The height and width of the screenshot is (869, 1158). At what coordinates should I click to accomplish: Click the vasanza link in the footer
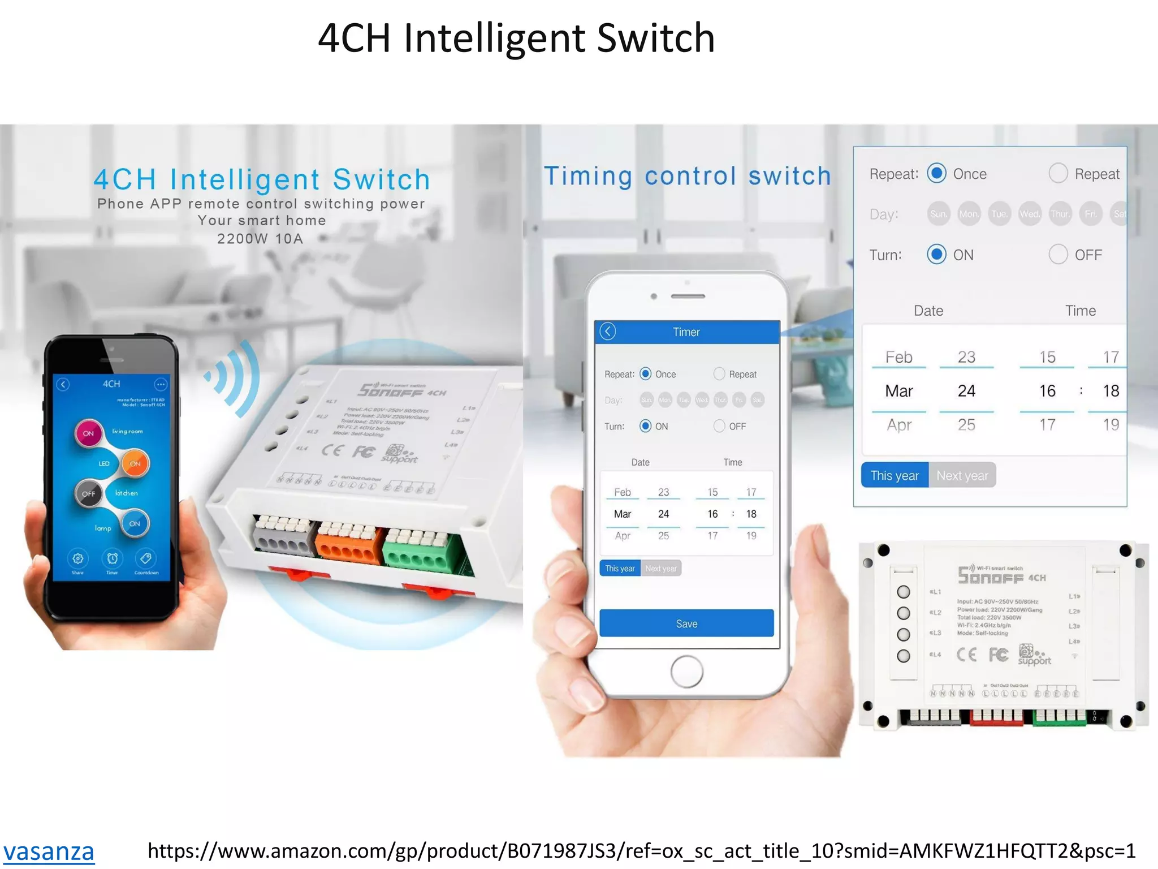tap(49, 851)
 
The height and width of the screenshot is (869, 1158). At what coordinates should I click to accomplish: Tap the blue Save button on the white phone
tap(686, 623)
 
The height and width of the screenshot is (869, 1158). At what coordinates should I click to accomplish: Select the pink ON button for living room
tap(89, 433)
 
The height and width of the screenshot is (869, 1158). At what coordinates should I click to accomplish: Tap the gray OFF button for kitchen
tap(89, 493)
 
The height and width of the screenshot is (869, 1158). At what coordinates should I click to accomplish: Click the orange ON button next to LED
tap(135, 463)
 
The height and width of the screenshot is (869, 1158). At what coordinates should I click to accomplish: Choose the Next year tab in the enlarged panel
tap(962, 475)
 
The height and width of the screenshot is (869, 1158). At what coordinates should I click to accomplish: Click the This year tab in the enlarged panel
tap(895, 475)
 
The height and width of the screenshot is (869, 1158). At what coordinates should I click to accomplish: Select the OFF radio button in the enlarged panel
tap(1058, 255)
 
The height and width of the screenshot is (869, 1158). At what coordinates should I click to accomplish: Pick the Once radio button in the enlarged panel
tap(936, 173)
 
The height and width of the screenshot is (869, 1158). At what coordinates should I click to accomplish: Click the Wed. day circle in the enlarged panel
tap(1029, 214)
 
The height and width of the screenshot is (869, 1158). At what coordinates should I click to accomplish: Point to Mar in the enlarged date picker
tap(899, 391)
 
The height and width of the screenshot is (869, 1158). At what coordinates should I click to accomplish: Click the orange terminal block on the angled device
tap(347, 544)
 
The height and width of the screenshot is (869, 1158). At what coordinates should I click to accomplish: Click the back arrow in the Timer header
tap(608, 332)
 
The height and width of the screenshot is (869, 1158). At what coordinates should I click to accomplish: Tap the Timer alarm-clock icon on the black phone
tap(113, 559)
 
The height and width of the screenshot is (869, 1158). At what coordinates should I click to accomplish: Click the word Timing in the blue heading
tap(588, 176)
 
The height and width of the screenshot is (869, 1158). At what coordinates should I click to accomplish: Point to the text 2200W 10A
tap(260, 239)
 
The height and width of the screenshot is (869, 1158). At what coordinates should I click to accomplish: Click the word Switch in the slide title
tap(655, 38)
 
